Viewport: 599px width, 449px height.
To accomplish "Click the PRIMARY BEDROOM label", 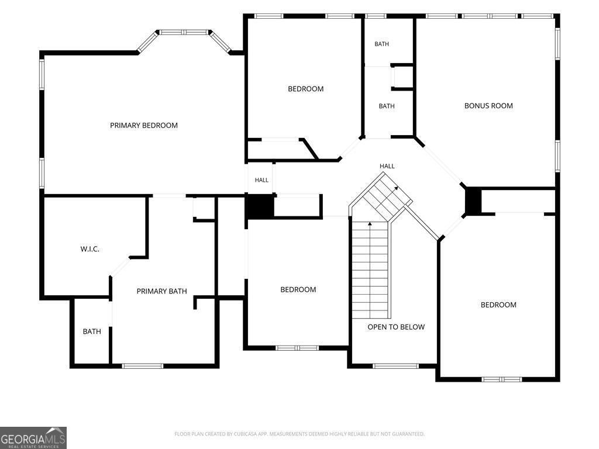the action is [x=144, y=125].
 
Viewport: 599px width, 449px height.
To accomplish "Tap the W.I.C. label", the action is [x=89, y=249].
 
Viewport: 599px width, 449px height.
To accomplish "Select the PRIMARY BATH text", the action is [x=161, y=291].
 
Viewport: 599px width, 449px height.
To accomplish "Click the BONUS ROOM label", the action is [x=488, y=106].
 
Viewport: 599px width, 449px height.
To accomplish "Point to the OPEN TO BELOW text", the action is [x=396, y=327].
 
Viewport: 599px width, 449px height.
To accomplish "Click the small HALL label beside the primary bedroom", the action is [x=261, y=180].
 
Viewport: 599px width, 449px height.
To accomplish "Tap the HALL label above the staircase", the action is [x=387, y=166].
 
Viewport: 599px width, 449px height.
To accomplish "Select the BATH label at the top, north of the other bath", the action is [x=381, y=44].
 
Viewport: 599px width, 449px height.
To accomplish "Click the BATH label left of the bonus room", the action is [x=387, y=106].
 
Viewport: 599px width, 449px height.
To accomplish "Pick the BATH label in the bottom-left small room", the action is [x=92, y=331].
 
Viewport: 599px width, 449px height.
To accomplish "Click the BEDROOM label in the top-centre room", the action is [x=305, y=89].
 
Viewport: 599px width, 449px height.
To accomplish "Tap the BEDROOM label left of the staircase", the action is [x=298, y=290].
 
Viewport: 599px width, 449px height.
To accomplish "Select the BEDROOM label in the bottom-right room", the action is [x=498, y=305].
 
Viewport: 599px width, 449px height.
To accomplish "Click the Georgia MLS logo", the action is [x=33, y=438].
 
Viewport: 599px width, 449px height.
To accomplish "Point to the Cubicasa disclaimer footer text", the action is [x=299, y=434].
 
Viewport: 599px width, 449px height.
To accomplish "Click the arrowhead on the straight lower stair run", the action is [x=370, y=223].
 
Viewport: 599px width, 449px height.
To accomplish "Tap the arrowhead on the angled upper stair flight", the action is [x=396, y=188].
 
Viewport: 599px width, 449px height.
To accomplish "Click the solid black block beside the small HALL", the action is [x=259, y=206].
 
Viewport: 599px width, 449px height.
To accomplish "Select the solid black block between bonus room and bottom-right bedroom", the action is [x=473, y=201].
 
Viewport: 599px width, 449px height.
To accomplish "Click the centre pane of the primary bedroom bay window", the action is [x=184, y=32].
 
